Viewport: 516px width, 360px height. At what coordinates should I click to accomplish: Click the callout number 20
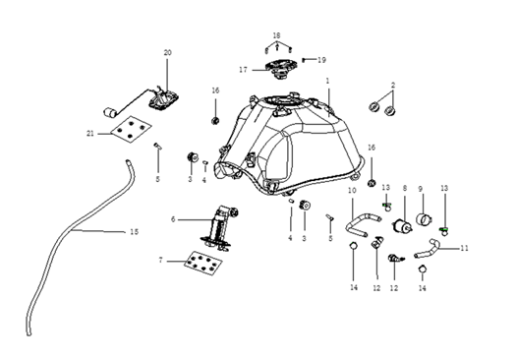[x=167, y=52]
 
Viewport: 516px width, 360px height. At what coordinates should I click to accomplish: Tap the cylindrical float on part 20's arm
[x=109, y=112]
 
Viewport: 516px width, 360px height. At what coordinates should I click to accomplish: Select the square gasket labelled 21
[x=131, y=129]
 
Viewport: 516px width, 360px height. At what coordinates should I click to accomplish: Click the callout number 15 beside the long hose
[x=134, y=232]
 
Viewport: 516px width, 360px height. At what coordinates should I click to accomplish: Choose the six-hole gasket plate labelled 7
[x=202, y=264]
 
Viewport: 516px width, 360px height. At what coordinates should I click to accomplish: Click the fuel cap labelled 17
[x=281, y=69]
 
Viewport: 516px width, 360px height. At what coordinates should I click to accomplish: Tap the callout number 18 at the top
[x=277, y=35]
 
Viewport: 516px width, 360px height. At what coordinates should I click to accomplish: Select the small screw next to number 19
[x=304, y=60]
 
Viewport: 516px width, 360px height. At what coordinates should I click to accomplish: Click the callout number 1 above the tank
[x=327, y=81]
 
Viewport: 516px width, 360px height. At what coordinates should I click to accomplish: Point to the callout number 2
[x=393, y=85]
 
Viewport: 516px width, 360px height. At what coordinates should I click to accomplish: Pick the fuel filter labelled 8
[x=403, y=226]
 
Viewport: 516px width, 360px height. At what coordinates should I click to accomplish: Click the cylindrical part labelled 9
[x=424, y=219]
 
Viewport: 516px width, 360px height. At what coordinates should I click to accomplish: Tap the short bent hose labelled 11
[x=427, y=248]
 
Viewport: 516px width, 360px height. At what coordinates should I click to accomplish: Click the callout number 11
[x=464, y=248]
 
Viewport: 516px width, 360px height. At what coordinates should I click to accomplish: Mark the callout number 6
[x=173, y=219]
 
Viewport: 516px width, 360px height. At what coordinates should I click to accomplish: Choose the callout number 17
[x=243, y=70]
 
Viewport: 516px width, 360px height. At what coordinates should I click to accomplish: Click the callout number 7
[x=160, y=261]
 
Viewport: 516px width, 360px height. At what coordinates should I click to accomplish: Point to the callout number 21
[x=90, y=134]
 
